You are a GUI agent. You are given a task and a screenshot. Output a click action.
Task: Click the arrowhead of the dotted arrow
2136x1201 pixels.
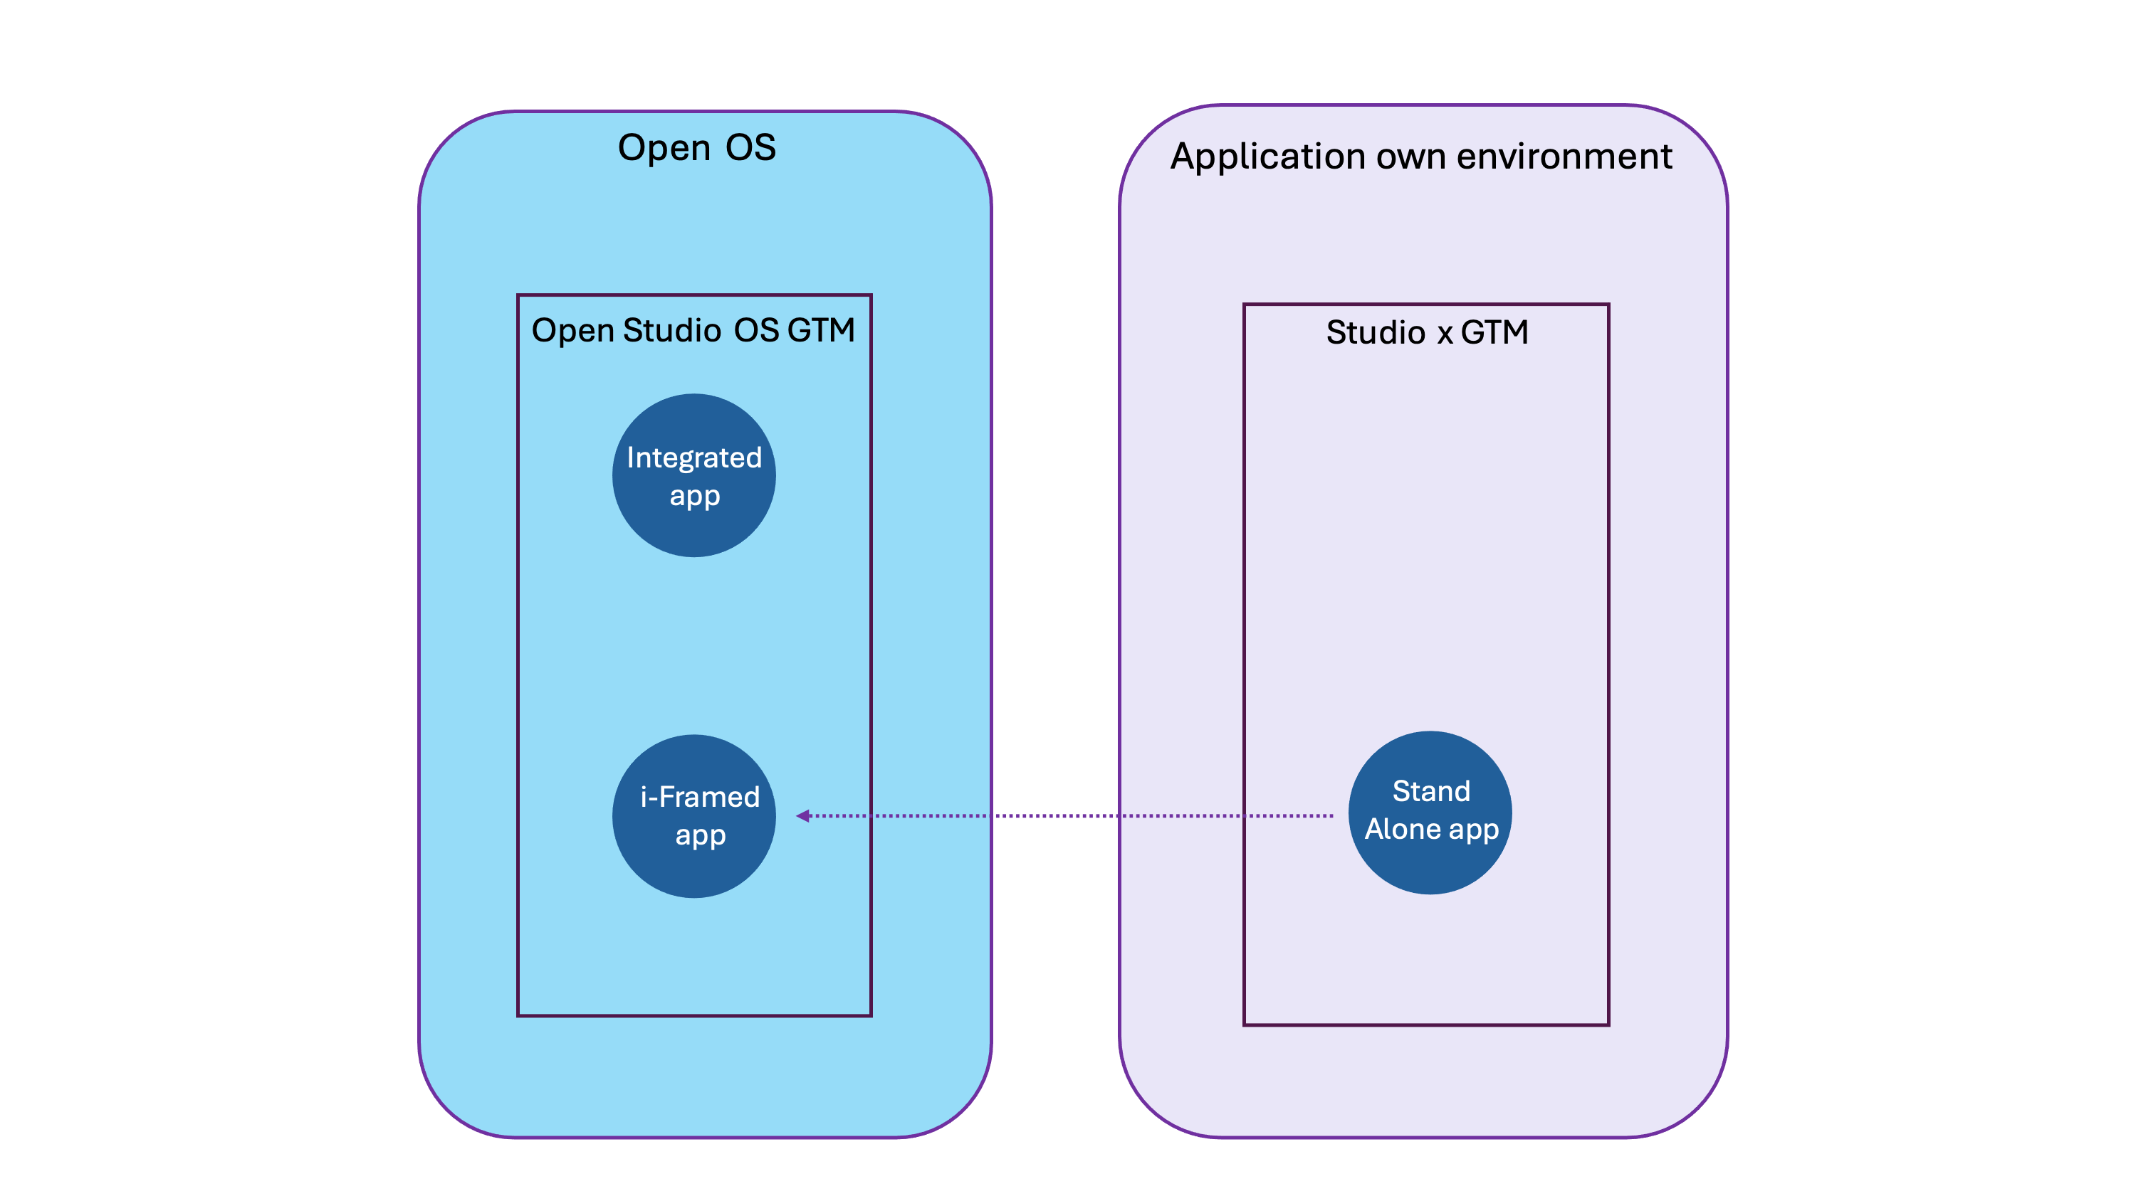point(802,816)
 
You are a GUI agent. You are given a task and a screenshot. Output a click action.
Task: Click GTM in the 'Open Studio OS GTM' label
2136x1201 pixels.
point(821,331)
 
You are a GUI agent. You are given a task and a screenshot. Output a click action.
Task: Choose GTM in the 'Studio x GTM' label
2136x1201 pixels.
point(1494,333)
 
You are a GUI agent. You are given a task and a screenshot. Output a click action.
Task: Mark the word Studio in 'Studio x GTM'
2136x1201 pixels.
point(1375,333)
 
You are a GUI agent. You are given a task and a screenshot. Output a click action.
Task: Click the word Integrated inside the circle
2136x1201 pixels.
point(694,458)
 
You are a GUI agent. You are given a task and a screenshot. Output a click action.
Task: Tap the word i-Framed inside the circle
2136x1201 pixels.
point(700,798)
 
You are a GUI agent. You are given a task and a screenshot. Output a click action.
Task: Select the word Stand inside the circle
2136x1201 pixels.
point(1431,792)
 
